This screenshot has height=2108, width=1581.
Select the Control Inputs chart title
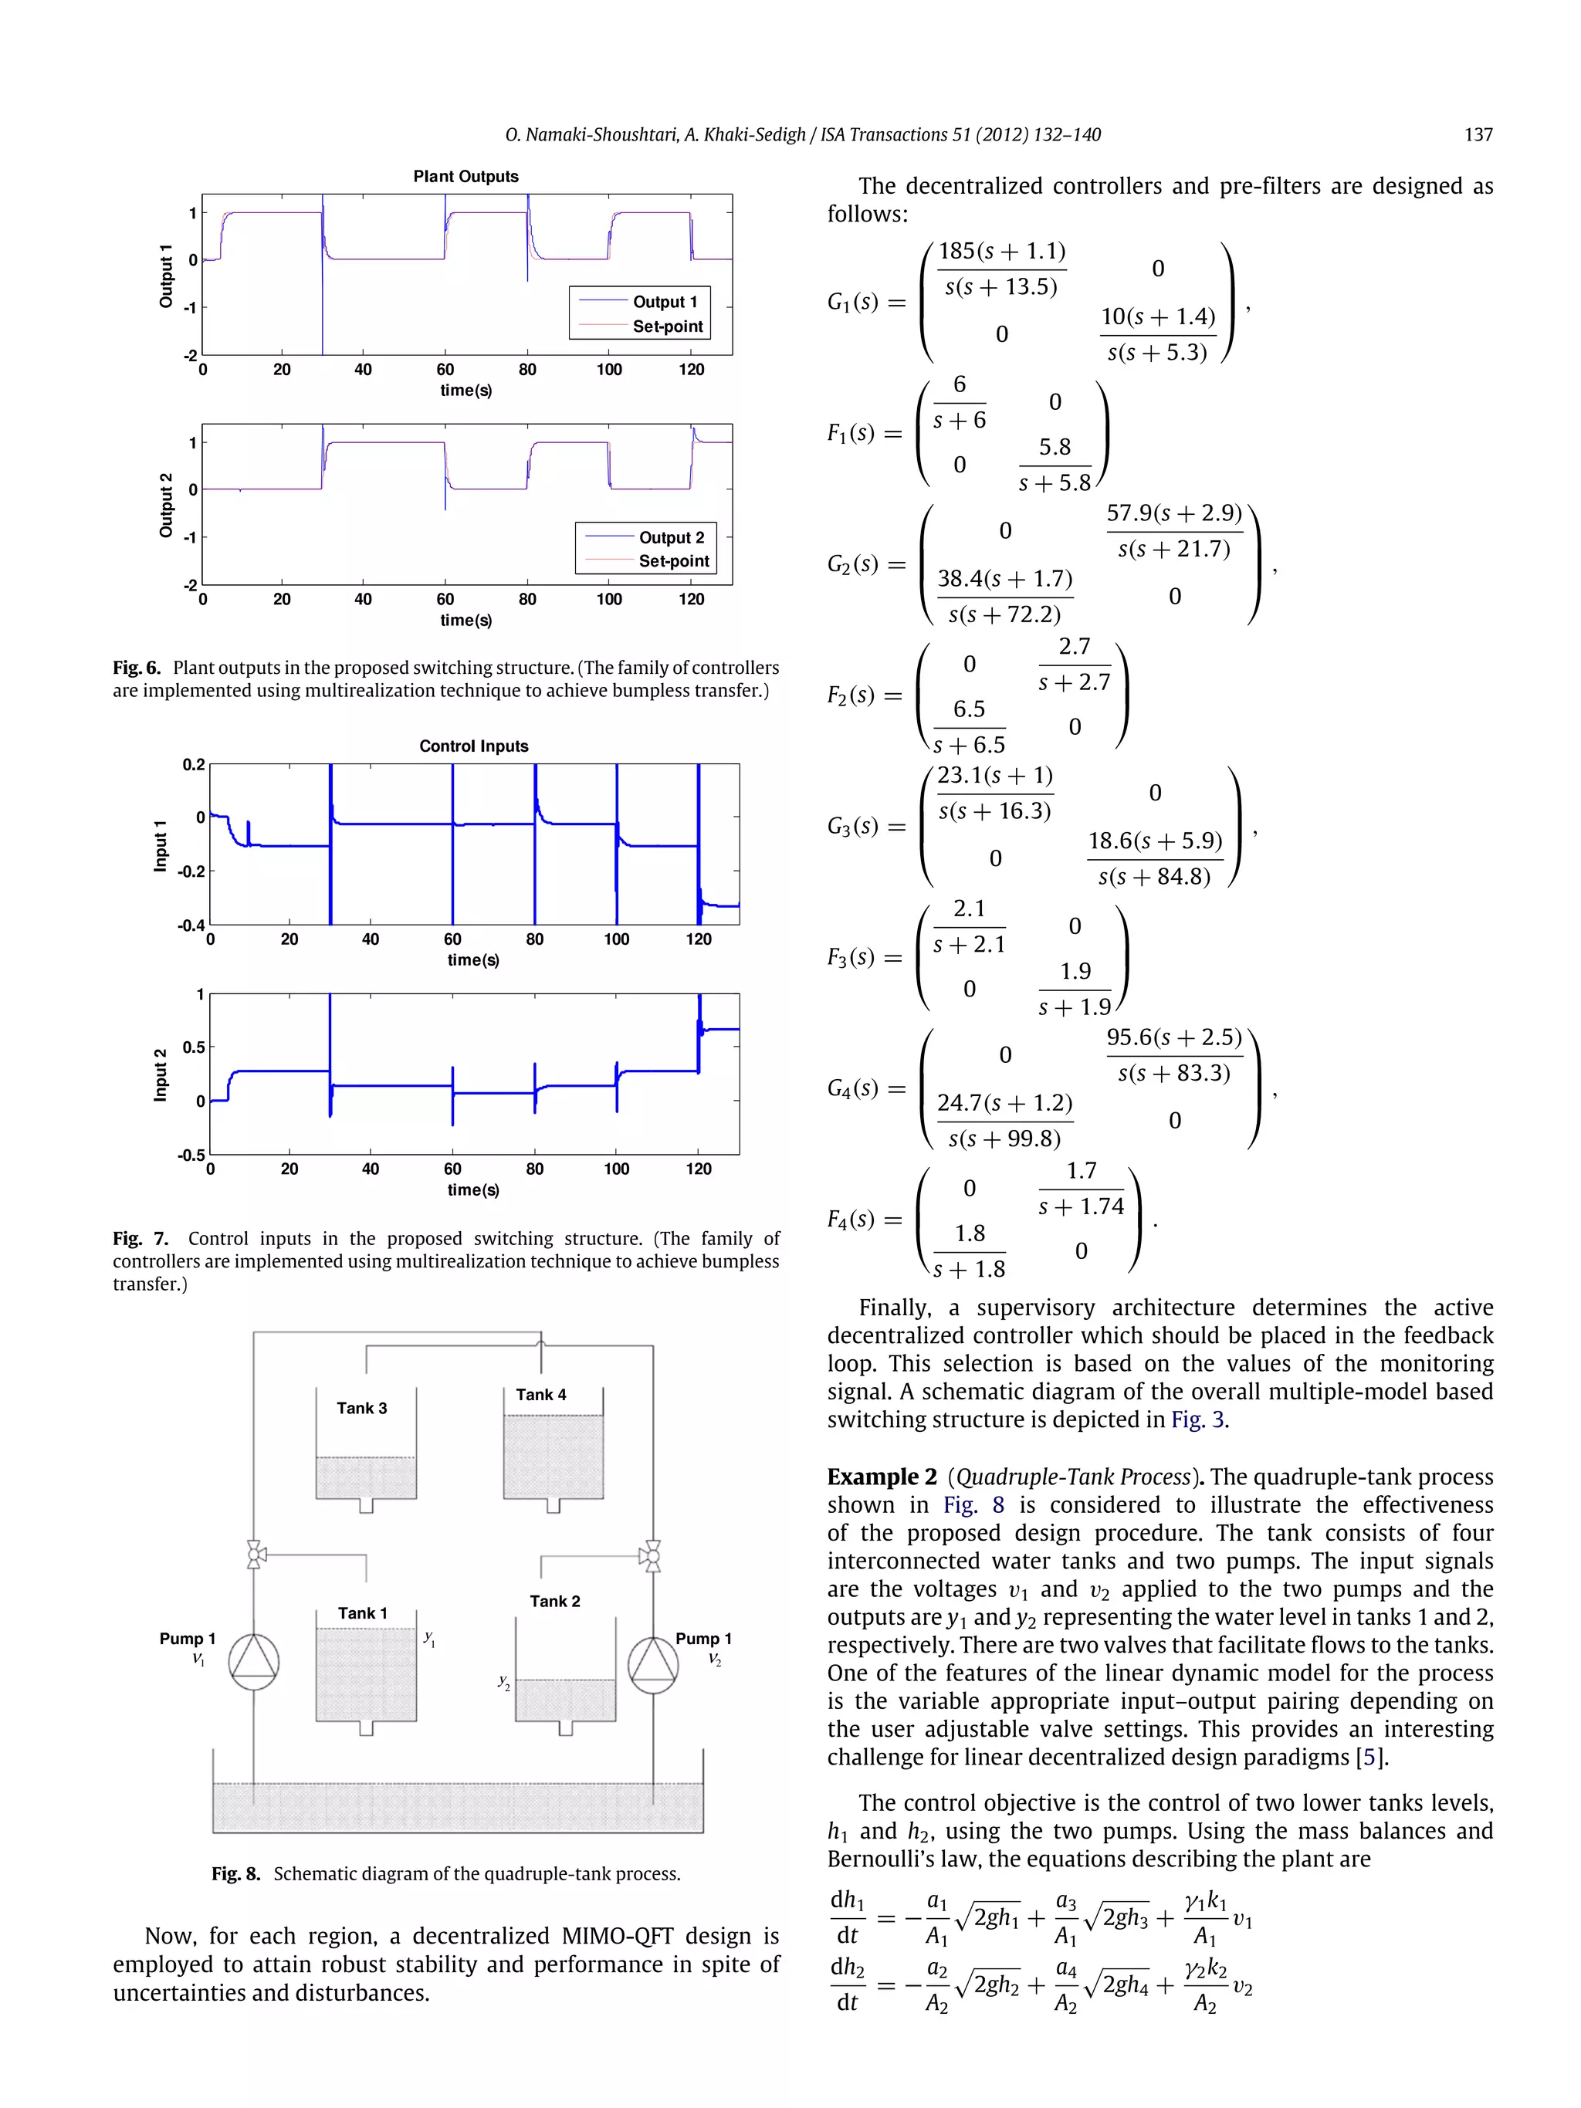pyautogui.click(x=474, y=746)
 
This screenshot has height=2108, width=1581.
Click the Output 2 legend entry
pyautogui.click(x=671, y=537)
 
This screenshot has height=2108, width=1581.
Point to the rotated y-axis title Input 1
pyautogui.click(x=160, y=845)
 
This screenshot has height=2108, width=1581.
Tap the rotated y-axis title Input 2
pyautogui.click(x=160, y=1075)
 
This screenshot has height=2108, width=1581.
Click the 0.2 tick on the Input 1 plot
pyautogui.click(x=194, y=764)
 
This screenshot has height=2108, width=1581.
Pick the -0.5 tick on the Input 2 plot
pyautogui.click(x=191, y=1155)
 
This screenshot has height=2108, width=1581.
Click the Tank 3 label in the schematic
pyautogui.click(x=362, y=1409)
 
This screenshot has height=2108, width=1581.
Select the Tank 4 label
pyautogui.click(x=541, y=1394)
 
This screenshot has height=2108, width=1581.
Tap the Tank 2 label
pyautogui.click(x=554, y=1601)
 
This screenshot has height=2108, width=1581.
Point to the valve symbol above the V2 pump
pyautogui.click(x=652, y=1556)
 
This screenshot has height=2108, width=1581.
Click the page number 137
pyautogui.click(x=1478, y=135)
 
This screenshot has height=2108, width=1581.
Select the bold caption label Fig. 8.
pyautogui.click(x=235, y=1873)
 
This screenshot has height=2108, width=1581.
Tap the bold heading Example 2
pyautogui.click(x=882, y=1477)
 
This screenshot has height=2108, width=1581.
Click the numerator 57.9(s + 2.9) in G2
pyautogui.click(x=1174, y=513)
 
